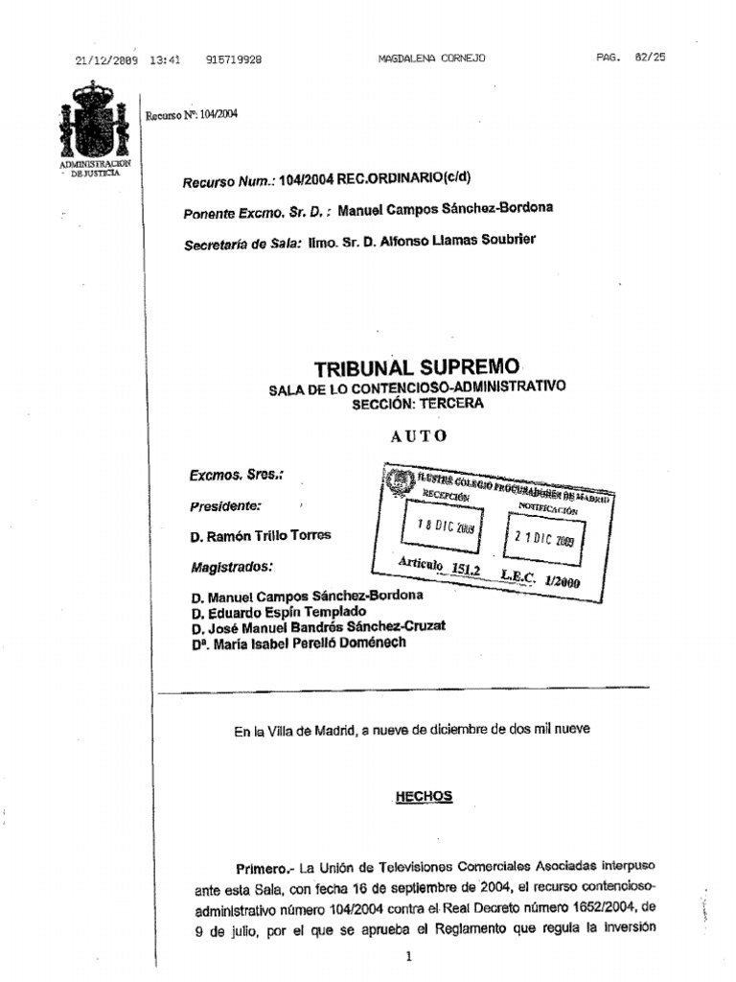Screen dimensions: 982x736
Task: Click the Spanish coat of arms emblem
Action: tap(93, 122)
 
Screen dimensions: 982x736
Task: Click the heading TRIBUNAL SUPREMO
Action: tap(417, 367)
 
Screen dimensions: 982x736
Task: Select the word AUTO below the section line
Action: tap(418, 435)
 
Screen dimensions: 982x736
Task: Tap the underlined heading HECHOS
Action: tap(424, 797)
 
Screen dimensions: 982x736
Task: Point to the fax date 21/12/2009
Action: tap(106, 59)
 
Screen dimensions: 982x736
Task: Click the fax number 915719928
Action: tap(234, 59)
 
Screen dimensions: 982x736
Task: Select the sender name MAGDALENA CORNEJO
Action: tap(432, 58)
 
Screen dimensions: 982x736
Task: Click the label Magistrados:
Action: tap(232, 567)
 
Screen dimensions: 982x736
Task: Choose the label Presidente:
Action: tap(225, 505)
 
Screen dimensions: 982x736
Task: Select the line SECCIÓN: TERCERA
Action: tap(418, 404)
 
